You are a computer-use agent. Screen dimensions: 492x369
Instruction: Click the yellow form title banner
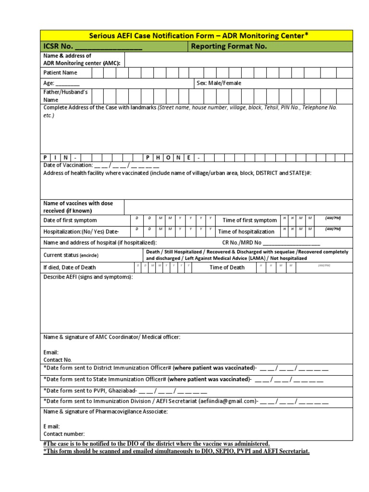196,36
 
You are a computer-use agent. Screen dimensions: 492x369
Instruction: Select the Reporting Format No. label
229,47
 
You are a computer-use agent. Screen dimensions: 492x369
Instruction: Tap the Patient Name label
60,73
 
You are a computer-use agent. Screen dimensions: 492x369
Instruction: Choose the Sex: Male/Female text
219,83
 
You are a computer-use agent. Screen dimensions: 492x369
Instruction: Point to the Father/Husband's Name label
65,96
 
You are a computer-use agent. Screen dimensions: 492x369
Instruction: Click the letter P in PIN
46,158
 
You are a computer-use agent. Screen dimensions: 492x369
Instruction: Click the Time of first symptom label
249,220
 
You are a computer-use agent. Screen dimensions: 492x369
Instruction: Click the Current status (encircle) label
71,255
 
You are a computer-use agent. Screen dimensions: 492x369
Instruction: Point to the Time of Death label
227,268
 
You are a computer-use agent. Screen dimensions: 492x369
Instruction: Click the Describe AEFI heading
88,277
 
